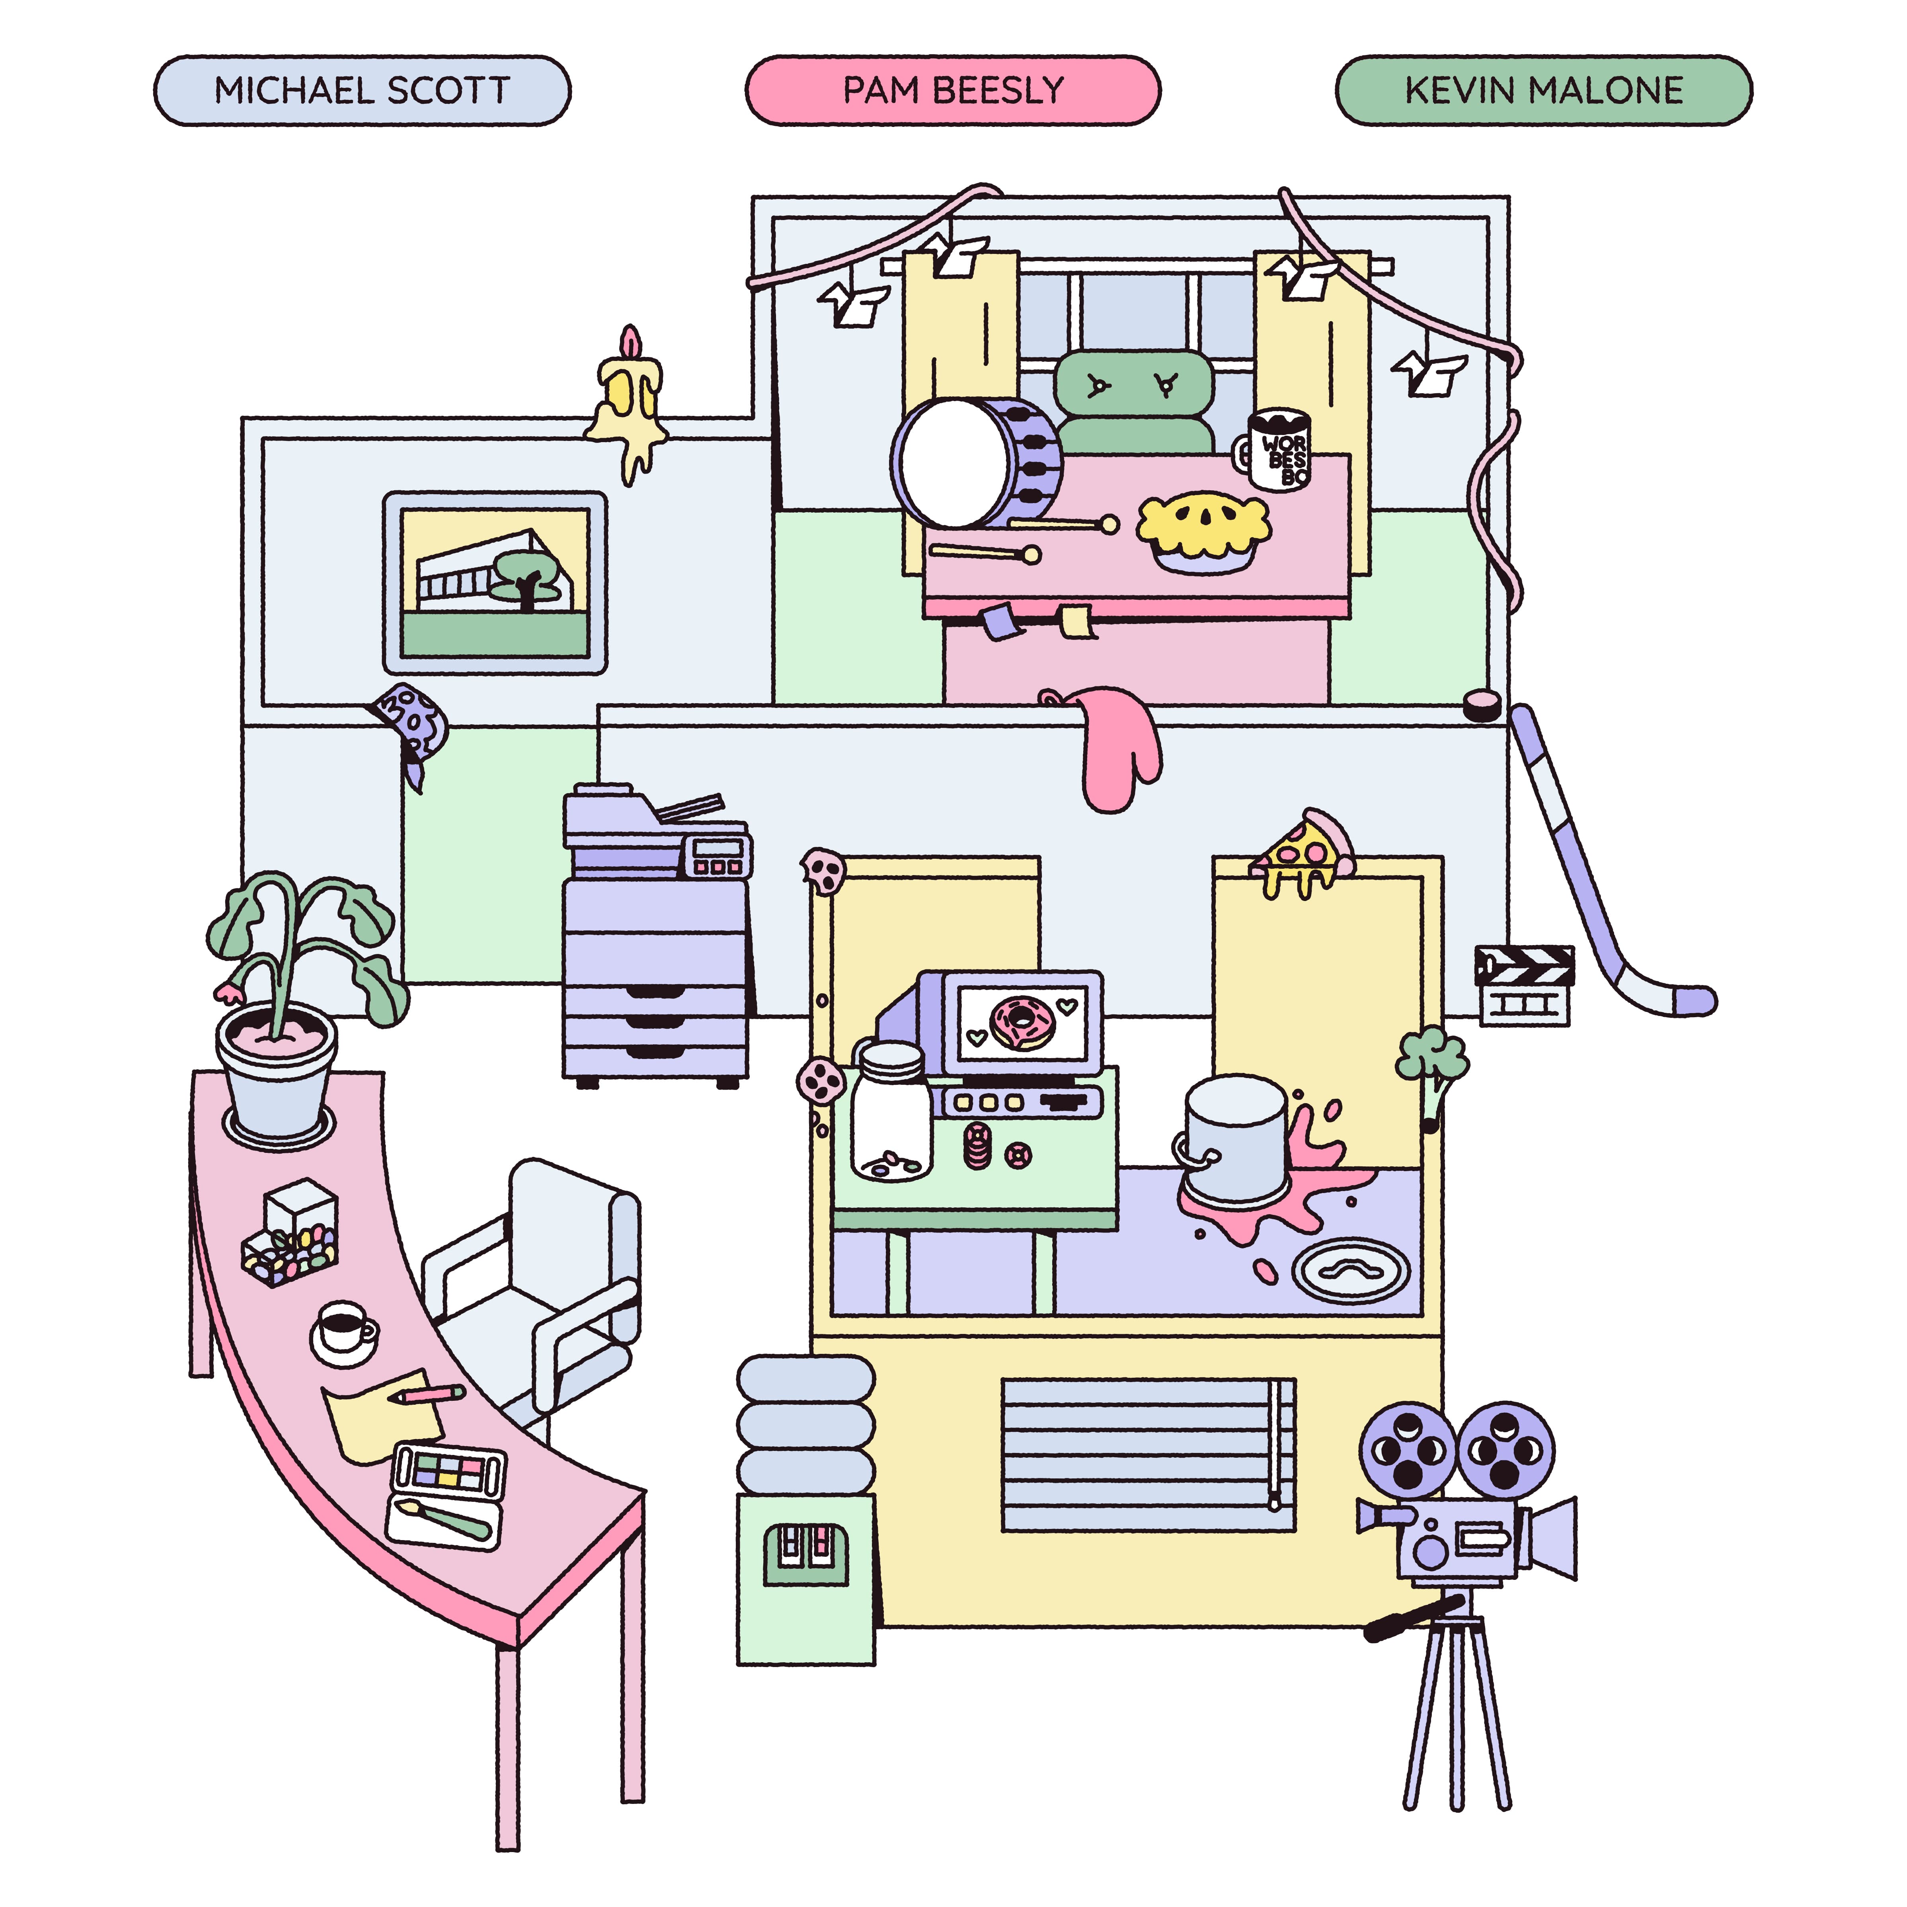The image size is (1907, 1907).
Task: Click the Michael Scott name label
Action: point(362,91)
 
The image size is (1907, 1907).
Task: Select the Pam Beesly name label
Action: point(953,91)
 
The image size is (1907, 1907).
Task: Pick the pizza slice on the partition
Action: point(1303,854)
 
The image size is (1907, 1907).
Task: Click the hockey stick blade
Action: point(1668,997)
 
